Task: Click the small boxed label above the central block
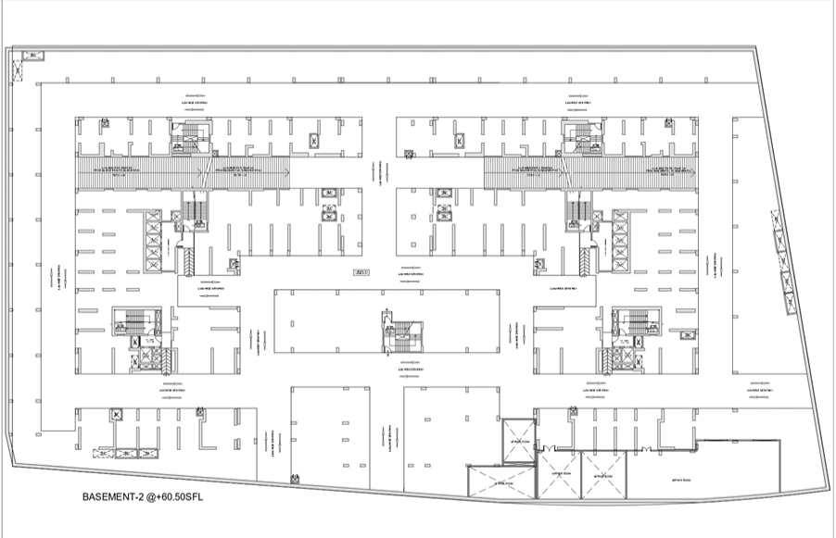tap(361, 272)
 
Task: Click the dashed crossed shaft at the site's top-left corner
tap(34, 56)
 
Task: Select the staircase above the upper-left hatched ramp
tap(190, 135)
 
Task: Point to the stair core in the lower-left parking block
tap(134, 324)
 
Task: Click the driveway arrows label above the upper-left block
tap(196, 96)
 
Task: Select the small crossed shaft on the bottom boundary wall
tap(295, 479)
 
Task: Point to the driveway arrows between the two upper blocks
tap(379, 175)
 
